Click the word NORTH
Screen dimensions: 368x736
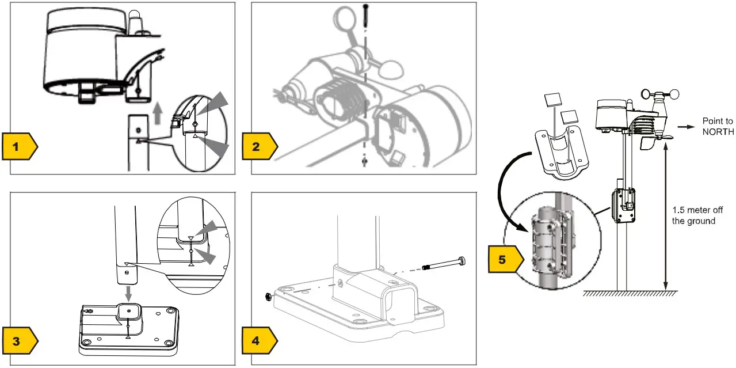click(x=718, y=131)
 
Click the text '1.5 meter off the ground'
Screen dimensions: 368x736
click(x=693, y=216)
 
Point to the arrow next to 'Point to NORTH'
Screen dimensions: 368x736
click(x=687, y=126)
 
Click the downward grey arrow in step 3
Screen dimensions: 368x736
click(x=128, y=292)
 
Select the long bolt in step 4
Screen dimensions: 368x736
click(x=444, y=264)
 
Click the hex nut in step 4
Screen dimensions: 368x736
click(x=268, y=297)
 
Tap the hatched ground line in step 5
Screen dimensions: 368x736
click(x=630, y=293)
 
